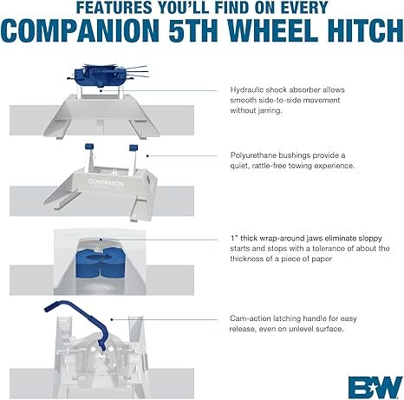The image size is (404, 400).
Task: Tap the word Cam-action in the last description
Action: tap(251, 318)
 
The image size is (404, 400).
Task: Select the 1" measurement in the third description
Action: tap(234, 236)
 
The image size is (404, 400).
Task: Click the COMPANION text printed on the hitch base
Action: tap(105, 184)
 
